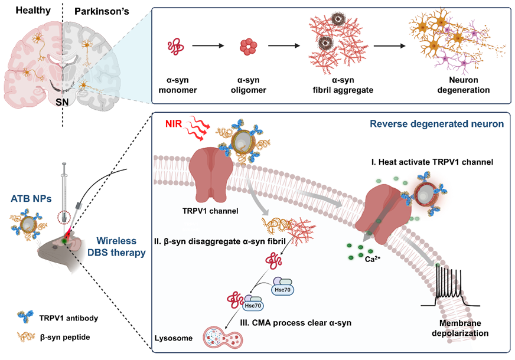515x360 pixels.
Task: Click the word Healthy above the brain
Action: coord(33,10)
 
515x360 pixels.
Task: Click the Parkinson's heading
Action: coord(102,11)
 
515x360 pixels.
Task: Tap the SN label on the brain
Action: coord(62,102)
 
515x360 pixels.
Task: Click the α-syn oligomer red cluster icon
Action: coord(248,47)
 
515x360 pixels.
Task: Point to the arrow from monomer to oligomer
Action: coord(208,45)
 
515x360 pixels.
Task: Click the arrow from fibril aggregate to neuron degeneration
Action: coord(390,45)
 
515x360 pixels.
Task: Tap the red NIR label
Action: coord(174,124)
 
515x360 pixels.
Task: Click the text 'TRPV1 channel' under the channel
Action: coord(210,211)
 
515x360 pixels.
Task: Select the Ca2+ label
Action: coord(373,259)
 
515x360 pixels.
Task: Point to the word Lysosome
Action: coord(174,338)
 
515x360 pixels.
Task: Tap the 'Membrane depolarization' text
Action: coord(460,328)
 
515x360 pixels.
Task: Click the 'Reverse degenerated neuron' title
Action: coord(437,124)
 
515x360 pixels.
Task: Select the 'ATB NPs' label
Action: coord(31,198)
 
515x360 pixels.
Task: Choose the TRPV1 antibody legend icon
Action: coord(25,317)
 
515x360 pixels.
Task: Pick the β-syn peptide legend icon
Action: coord(26,337)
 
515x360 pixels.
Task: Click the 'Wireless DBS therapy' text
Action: coord(116,247)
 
